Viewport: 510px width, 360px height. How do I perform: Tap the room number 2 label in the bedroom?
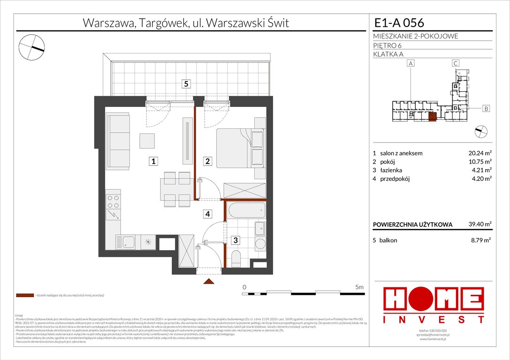point(207,161)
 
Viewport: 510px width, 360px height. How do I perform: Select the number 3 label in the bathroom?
point(236,240)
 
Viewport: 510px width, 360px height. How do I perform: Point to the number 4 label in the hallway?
point(207,214)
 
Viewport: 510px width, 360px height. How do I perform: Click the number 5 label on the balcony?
point(187,84)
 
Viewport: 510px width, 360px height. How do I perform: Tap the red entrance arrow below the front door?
point(209,281)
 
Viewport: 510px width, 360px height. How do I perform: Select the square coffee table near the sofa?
point(147,141)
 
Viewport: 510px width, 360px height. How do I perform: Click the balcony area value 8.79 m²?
point(481,240)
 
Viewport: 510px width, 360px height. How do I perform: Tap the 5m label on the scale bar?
point(359,286)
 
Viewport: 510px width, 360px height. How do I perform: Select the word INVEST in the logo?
point(434,320)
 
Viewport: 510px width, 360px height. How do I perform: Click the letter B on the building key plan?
point(486,109)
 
